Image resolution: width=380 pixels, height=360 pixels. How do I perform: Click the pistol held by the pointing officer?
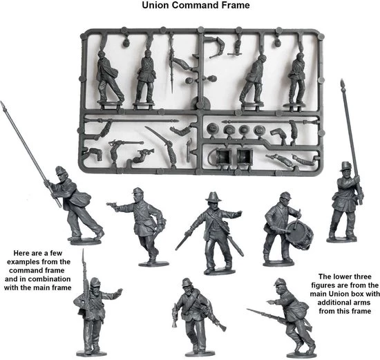tap(112, 205)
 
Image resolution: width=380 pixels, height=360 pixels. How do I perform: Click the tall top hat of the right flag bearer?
tap(343, 167)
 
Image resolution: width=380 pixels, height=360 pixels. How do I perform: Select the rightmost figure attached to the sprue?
tap(297, 76)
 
